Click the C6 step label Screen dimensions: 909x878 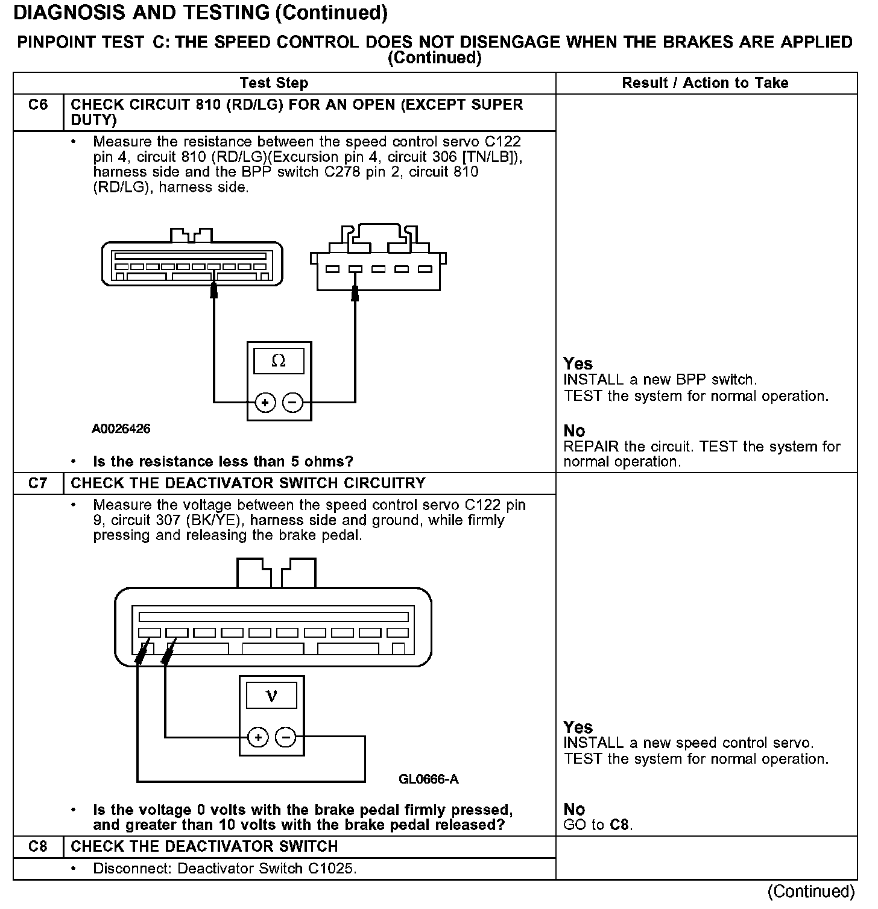click(37, 105)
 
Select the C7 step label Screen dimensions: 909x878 click(37, 483)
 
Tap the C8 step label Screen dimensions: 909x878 click(37, 847)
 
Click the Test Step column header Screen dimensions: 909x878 click(274, 83)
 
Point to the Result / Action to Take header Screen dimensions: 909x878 click(705, 83)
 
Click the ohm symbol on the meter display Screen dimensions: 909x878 click(279, 361)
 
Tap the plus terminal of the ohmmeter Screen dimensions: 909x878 click(265, 402)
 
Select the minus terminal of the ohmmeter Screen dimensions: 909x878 click(293, 402)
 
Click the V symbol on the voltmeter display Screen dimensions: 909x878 click(272, 696)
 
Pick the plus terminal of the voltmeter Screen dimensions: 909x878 click(258, 737)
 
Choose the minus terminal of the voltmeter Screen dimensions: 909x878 click(286, 737)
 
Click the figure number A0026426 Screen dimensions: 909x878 click(121, 429)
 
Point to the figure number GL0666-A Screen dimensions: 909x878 click(428, 779)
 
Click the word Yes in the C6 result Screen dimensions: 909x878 click(578, 364)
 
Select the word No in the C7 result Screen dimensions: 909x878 click(574, 810)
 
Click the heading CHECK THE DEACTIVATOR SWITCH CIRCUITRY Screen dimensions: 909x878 click(248, 483)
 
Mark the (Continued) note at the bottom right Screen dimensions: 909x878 click(811, 891)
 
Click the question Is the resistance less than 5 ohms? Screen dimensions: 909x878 click(223, 462)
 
